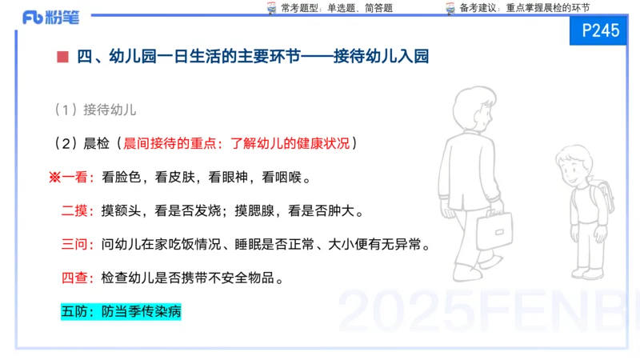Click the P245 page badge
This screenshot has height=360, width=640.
601,31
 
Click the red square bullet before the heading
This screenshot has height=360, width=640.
62,56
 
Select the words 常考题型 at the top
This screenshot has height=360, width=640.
300,8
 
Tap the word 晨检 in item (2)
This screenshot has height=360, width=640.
97,144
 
